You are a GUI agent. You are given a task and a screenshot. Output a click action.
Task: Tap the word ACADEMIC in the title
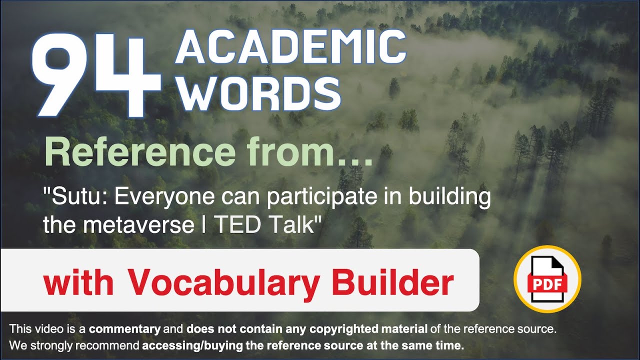click(290, 49)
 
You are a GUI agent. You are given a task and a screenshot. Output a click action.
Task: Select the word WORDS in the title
click(257, 94)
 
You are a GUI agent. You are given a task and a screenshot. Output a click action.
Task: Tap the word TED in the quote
click(237, 225)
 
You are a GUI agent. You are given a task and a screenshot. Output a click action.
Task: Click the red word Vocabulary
click(223, 283)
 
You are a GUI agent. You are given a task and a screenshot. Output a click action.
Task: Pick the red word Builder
click(392, 283)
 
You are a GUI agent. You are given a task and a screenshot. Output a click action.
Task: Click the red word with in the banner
click(79, 283)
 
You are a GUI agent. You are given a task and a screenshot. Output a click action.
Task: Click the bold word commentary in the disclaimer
click(124, 329)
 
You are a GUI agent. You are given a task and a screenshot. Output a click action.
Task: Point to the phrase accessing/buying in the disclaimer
click(185, 345)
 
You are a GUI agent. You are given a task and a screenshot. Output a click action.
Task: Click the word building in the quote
click(450, 198)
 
